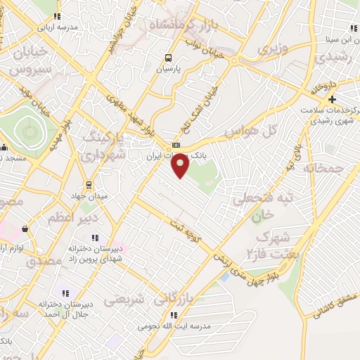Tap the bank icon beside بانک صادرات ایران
coord(176,146)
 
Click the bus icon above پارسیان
coord(167,58)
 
